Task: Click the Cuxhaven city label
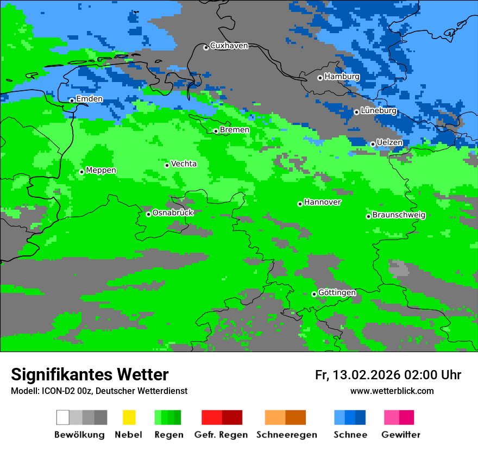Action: [229, 46]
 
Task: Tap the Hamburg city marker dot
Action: [320, 78]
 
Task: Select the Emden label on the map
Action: [89, 99]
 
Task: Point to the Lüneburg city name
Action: [378, 110]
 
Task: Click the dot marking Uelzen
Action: [373, 144]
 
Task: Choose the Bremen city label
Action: [235, 130]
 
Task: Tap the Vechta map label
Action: [184, 164]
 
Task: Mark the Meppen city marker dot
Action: [81, 172]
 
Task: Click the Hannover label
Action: [323, 202]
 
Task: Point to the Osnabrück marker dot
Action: [148, 214]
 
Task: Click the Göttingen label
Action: [337, 292]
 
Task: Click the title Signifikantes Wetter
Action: [90, 375]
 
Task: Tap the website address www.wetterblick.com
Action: [392, 391]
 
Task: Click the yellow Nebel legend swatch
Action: [129, 417]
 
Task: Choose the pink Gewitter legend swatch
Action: [392, 417]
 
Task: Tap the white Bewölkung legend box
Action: [63, 417]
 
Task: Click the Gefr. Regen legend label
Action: [221, 435]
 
